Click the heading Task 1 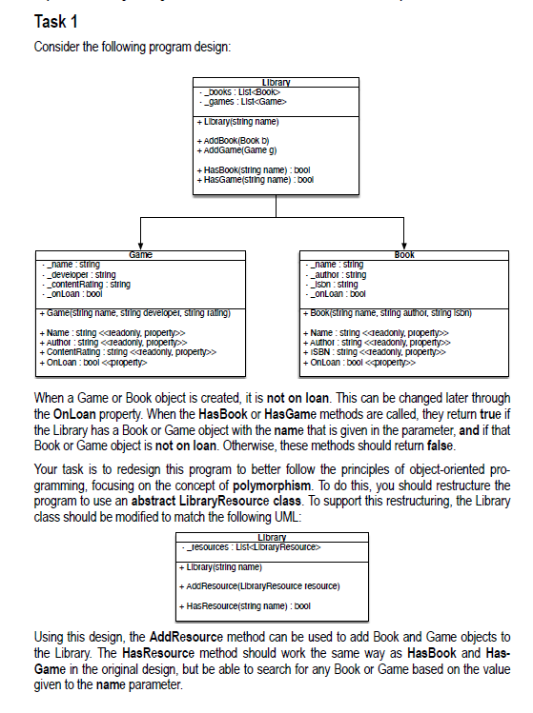[55, 22]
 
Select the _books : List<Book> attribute [240, 91]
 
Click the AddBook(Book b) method [226, 139]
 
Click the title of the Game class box [141, 254]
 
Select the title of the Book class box [404, 254]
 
